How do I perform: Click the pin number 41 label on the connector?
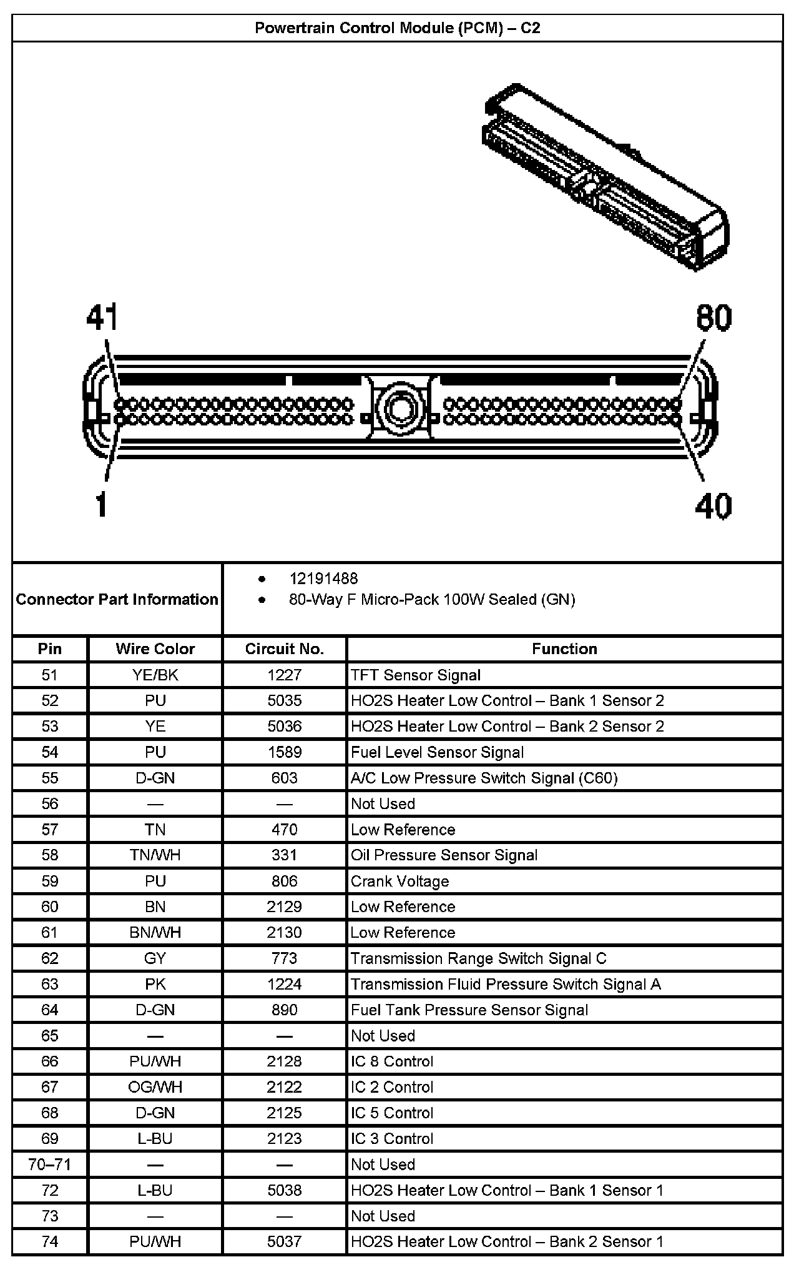click(102, 318)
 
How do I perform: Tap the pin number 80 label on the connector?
click(713, 318)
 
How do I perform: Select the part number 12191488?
click(323, 579)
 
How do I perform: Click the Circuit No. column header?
click(284, 649)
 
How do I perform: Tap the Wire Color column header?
click(155, 649)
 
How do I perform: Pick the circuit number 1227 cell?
click(284, 675)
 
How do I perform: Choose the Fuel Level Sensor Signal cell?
click(437, 752)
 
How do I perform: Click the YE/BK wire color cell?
click(155, 675)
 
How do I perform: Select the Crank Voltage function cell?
click(399, 882)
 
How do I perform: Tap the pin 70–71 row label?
click(49, 1165)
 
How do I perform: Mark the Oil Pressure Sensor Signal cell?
click(444, 855)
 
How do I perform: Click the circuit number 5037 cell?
click(284, 1241)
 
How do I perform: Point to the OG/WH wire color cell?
click(155, 1087)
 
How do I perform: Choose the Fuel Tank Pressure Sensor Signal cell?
click(469, 1010)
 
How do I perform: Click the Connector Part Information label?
click(117, 599)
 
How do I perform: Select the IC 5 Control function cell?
click(391, 1113)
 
